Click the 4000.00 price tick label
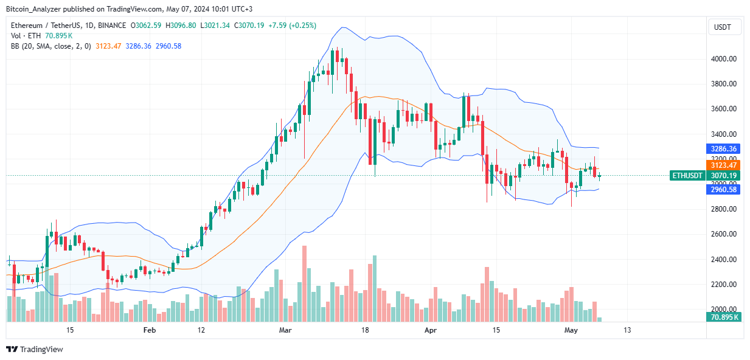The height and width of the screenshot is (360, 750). pos(724,59)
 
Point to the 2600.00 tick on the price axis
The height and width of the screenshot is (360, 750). pos(724,234)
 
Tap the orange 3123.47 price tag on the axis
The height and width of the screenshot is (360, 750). pos(724,165)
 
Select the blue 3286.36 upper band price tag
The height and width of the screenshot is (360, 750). pos(724,148)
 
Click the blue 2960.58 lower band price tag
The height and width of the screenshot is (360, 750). pos(724,189)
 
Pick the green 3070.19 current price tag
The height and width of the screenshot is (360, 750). pos(724,175)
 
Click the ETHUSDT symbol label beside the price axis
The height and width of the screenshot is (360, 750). pos(687,175)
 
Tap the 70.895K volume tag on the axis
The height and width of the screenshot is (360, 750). pos(724,317)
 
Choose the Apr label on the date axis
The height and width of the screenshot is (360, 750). pos(431,330)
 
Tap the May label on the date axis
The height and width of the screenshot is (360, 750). pos(571,330)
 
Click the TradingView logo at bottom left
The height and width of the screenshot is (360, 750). pos(35,349)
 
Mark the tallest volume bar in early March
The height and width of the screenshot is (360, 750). pos(304,283)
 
